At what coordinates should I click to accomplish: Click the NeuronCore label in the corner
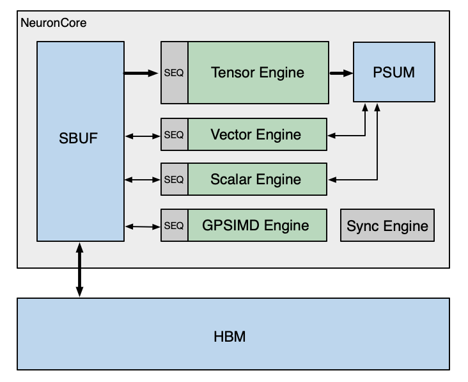(54, 23)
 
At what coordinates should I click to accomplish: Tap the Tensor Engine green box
(258, 72)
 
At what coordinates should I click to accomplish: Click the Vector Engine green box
(256, 134)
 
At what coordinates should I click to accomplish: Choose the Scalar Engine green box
(256, 179)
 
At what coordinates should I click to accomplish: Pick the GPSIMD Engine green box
(256, 225)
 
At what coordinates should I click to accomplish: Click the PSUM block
(394, 72)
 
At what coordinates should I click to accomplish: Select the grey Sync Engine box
(387, 225)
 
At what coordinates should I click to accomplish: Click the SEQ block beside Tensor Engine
(174, 72)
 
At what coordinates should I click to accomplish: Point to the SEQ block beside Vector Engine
(174, 134)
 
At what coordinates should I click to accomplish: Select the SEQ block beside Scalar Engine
(174, 179)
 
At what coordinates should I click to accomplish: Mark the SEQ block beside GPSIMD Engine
(174, 225)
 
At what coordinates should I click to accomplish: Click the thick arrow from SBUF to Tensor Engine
(141, 73)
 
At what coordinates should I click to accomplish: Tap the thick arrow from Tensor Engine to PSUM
(341, 73)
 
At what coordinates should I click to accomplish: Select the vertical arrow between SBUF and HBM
(79, 269)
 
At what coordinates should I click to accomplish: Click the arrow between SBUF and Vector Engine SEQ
(142, 135)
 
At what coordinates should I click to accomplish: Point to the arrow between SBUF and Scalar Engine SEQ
(142, 180)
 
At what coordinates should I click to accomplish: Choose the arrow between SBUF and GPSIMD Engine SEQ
(142, 226)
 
